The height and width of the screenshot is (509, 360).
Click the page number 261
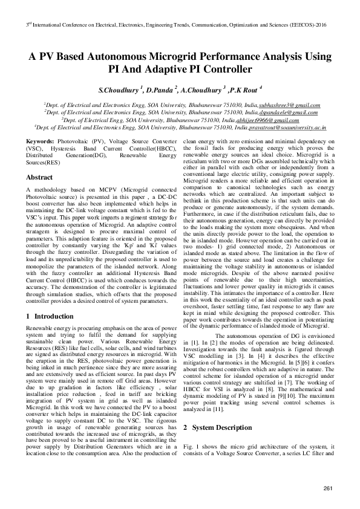tap(329, 488)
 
